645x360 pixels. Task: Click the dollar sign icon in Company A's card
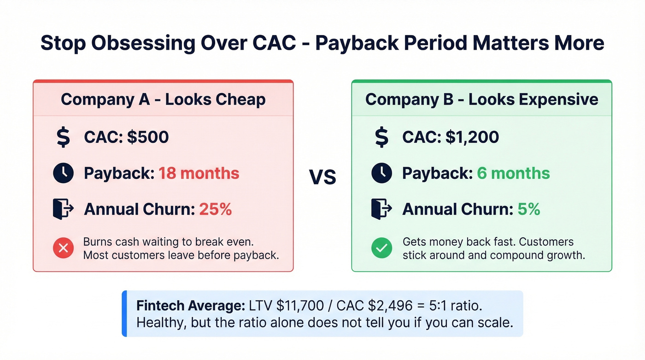coord(63,137)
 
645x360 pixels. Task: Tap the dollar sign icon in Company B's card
coord(381,137)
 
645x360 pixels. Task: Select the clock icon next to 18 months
coord(63,173)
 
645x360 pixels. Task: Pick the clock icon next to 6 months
coord(381,173)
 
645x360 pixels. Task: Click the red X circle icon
coord(64,248)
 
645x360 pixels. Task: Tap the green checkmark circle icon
coord(381,248)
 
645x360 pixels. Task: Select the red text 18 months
coord(199,173)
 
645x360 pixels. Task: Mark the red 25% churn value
coord(215,209)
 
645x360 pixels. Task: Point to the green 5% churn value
coord(528,209)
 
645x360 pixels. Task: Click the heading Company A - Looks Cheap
coord(163,100)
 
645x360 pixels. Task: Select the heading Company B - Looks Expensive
coord(481,100)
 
